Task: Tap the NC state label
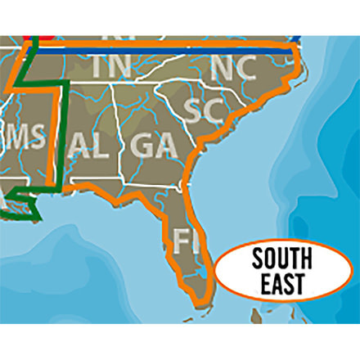tap(232, 68)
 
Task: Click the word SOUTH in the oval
tap(281, 261)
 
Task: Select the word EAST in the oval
tap(281, 284)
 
